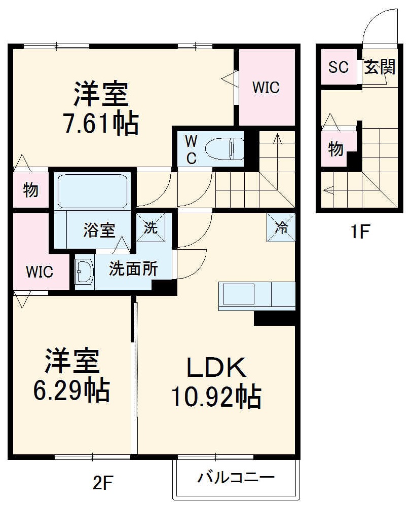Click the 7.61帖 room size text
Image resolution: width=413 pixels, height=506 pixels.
pyautogui.click(x=100, y=123)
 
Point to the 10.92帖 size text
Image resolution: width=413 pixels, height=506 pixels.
pyautogui.click(x=216, y=397)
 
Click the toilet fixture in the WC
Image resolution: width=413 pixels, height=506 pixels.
pyautogui.click(x=223, y=149)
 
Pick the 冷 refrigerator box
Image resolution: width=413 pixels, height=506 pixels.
pyautogui.click(x=280, y=227)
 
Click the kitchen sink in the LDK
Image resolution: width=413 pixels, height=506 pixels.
pyautogui.click(x=237, y=294)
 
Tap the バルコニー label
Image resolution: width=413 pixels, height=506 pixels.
pyautogui.click(x=236, y=477)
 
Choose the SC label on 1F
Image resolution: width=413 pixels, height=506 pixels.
pyautogui.click(x=338, y=67)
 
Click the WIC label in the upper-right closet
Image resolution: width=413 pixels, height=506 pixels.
pyautogui.click(x=266, y=87)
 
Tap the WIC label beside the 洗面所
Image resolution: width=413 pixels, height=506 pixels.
pyautogui.click(x=40, y=272)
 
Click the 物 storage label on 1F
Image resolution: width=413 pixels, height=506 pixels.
pyautogui.click(x=335, y=149)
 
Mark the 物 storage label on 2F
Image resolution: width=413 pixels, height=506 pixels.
pyautogui.click(x=30, y=190)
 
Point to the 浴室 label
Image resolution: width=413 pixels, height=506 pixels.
pyautogui.click(x=99, y=230)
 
